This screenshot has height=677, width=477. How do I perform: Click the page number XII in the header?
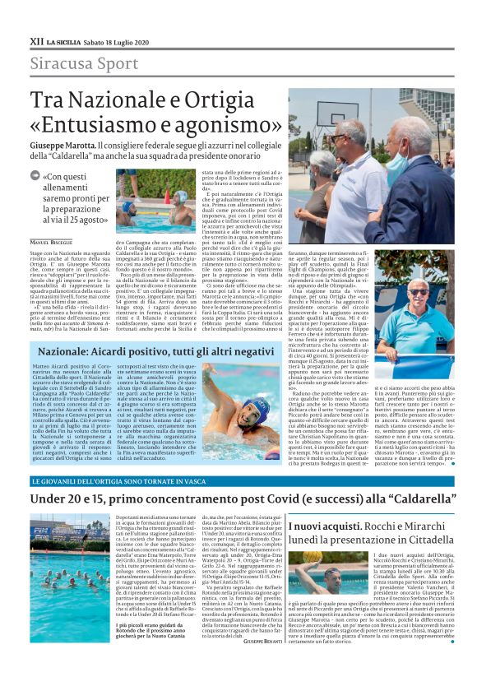38,39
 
